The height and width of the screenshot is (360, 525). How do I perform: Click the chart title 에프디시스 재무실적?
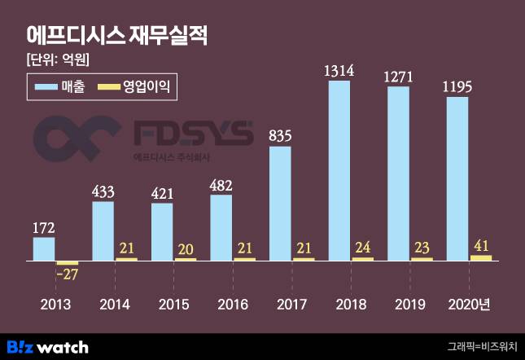[x=117, y=36]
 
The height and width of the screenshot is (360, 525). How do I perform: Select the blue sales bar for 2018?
[x=339, y=170]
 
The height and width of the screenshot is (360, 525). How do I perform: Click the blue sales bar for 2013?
[x=44, y=248]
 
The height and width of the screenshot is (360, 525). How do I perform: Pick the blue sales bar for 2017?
[x=280, y=203]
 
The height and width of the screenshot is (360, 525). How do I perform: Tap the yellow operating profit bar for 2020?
[x=481, y=257]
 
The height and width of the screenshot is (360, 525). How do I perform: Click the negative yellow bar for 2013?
[x=68, y=263]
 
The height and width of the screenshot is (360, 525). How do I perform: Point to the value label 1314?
[x=339, y=71]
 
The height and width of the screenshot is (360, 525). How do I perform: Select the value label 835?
[x=280, y=136]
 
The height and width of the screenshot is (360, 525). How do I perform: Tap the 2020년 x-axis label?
[x=470, y=305]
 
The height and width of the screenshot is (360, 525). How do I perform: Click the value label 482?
[x=221, y=184]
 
